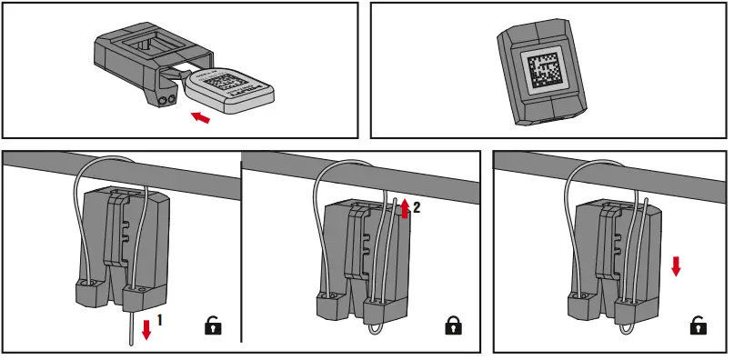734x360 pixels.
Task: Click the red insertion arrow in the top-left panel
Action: tap(205, 116)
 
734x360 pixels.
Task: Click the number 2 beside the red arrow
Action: tap(417, 208)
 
